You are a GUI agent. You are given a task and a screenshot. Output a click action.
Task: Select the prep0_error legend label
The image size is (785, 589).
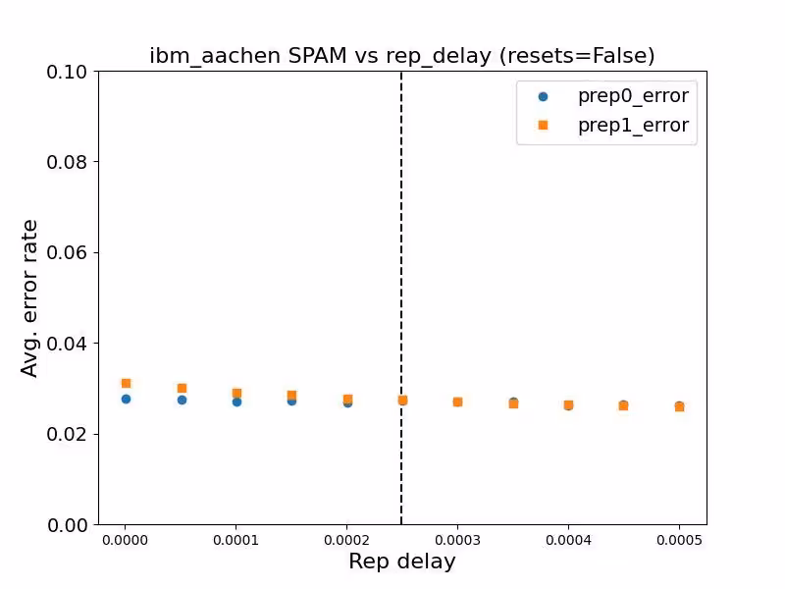coord(632,96)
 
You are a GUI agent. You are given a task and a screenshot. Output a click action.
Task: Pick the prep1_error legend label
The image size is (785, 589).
coord(632,126)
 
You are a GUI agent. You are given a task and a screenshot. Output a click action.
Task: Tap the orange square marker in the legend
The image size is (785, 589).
coord(543,126)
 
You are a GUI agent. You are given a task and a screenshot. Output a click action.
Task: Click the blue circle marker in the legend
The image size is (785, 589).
coord(543,96)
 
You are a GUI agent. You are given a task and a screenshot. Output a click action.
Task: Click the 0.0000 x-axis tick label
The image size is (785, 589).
coord(126,540)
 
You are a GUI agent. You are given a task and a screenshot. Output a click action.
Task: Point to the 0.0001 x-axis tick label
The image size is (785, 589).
coord(236,540)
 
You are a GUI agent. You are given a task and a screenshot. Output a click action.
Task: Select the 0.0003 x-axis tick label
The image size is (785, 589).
coord(457,540)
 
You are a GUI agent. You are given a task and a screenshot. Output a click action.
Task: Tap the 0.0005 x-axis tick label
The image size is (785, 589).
coord(679,540)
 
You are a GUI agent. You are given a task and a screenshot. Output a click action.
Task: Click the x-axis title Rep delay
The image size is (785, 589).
coord(401,562)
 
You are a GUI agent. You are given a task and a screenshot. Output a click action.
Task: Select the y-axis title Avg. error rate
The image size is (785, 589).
coord(30,297)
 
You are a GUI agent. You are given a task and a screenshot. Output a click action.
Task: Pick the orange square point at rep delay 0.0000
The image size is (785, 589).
coord(126,383)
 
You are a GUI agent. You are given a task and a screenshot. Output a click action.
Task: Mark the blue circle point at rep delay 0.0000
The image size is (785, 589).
coord(126,399)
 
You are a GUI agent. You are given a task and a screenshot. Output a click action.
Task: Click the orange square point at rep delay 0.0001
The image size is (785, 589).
coord(236,393)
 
